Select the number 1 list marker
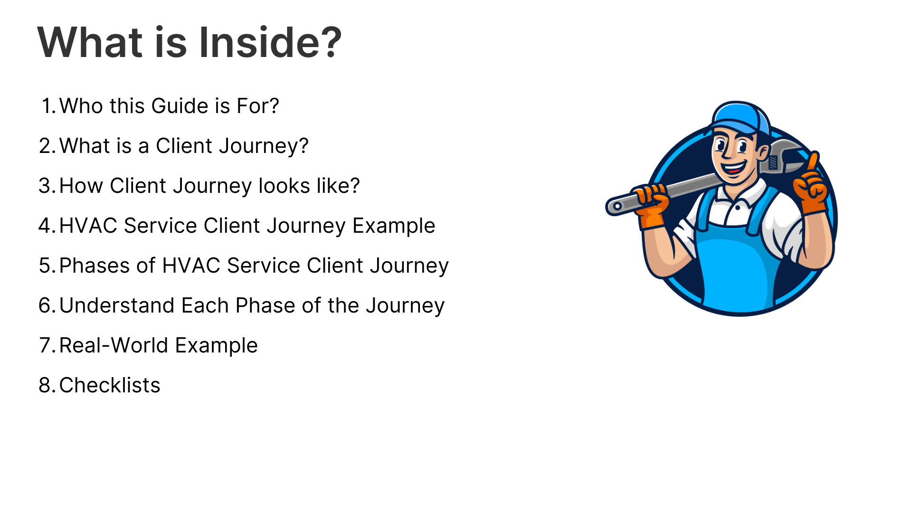coord(49,106)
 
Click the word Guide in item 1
coord(180,106)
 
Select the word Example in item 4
coord(394,226)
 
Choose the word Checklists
coord(110,385)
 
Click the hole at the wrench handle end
coord(617,206)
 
